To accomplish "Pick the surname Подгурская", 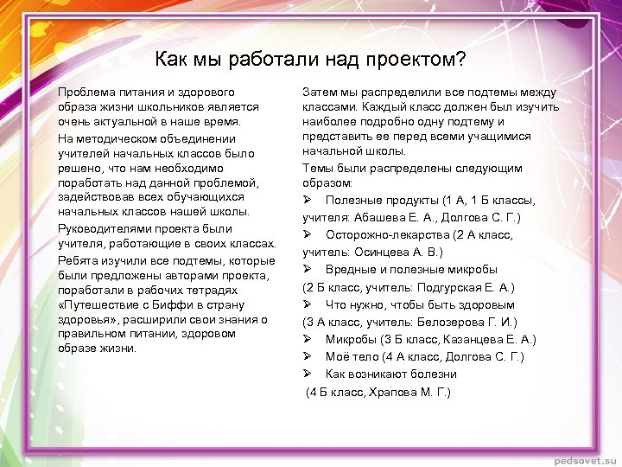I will tap(451, 286).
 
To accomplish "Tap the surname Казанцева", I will tap(476, 339).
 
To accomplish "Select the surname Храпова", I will tap(397, 392).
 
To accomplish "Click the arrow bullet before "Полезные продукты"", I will tap(308, 200).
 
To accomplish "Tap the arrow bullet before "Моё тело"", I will tap(308, 356).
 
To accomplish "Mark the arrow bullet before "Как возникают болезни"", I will tap(308, 374).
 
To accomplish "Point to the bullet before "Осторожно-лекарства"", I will tap(308, 234).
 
